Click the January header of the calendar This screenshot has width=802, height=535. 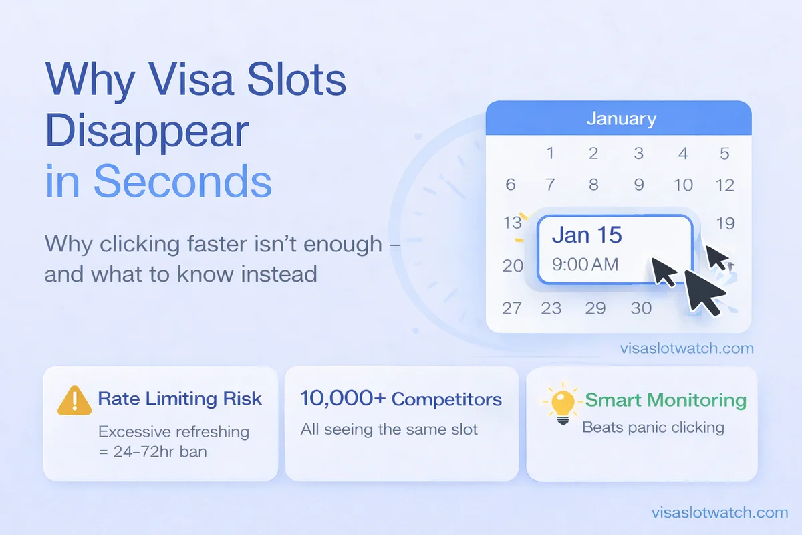point(621,120)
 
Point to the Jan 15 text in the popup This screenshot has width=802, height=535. point(587,235)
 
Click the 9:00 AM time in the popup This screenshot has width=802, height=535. point(585,265)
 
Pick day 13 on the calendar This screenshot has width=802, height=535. point(511,223)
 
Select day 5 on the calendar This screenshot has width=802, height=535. point(724,154)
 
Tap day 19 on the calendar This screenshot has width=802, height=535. point(725,223)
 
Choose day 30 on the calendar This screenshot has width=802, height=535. point(641,308)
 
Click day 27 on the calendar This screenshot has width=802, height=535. point(512,308)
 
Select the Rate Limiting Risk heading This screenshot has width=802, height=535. point(180,399)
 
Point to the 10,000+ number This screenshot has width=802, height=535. point(341,399)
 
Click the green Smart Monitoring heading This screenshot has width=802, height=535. point(665,401)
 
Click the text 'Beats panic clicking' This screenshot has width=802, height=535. point(653,427)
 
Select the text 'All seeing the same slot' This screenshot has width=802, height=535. point(389,429)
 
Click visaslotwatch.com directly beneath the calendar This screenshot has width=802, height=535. point(686,348)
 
